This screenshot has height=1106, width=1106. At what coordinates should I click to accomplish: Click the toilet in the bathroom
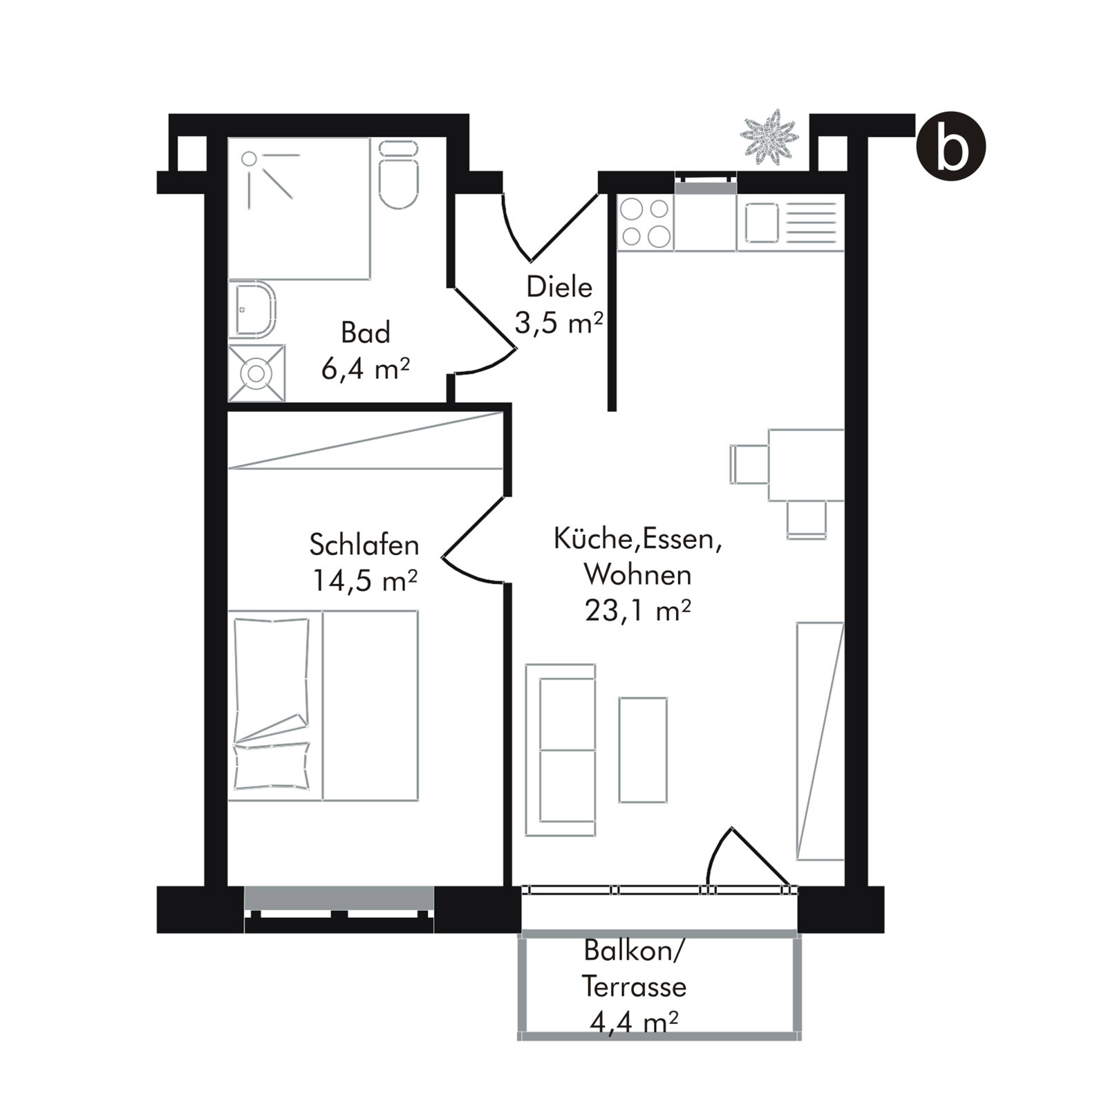point(399,174)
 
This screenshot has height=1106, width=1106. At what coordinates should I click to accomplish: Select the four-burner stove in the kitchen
point(645,222)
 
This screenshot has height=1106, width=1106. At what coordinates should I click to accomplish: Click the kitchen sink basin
point(762,223)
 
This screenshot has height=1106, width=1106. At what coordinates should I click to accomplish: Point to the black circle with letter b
point(950,146)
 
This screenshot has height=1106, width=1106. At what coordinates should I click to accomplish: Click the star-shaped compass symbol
point(769,137)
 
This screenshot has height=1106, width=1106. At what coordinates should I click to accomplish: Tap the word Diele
point(559,287)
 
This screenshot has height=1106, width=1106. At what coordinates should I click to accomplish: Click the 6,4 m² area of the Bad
point(365,369)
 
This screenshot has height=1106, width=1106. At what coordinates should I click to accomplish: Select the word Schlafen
point(364,545)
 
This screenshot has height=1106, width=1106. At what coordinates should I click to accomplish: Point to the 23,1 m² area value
point(637,610)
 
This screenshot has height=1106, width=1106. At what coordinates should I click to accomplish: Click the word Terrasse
point(634,986)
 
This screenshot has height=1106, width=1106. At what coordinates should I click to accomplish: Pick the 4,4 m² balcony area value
point(633,1022)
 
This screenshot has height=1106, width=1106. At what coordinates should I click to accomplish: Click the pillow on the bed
point(272,766)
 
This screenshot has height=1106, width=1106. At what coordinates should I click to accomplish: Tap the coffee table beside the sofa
point(643,750)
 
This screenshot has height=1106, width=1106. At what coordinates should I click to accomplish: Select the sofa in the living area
point(561,750)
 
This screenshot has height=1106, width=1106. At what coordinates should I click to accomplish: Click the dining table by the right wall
point(806,465)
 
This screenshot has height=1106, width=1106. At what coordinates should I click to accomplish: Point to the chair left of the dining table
point(749,465)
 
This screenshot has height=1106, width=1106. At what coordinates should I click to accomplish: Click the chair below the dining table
point(807,520)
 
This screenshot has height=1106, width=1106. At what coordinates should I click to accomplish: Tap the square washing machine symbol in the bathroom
point(256,373)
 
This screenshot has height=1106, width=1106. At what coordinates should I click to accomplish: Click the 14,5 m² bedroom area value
point(364,581)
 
